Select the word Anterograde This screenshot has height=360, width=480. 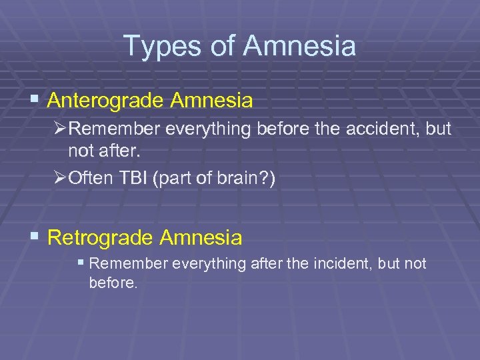[107, 101]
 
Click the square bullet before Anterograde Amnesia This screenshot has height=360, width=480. [36, 101]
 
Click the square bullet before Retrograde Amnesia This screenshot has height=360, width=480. [36, 237]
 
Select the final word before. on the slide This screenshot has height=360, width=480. [113, 283]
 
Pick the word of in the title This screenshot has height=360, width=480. [224, 47]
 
